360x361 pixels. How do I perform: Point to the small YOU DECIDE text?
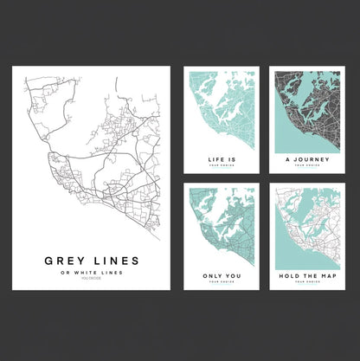90,280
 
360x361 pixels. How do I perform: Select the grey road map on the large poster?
91,156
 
